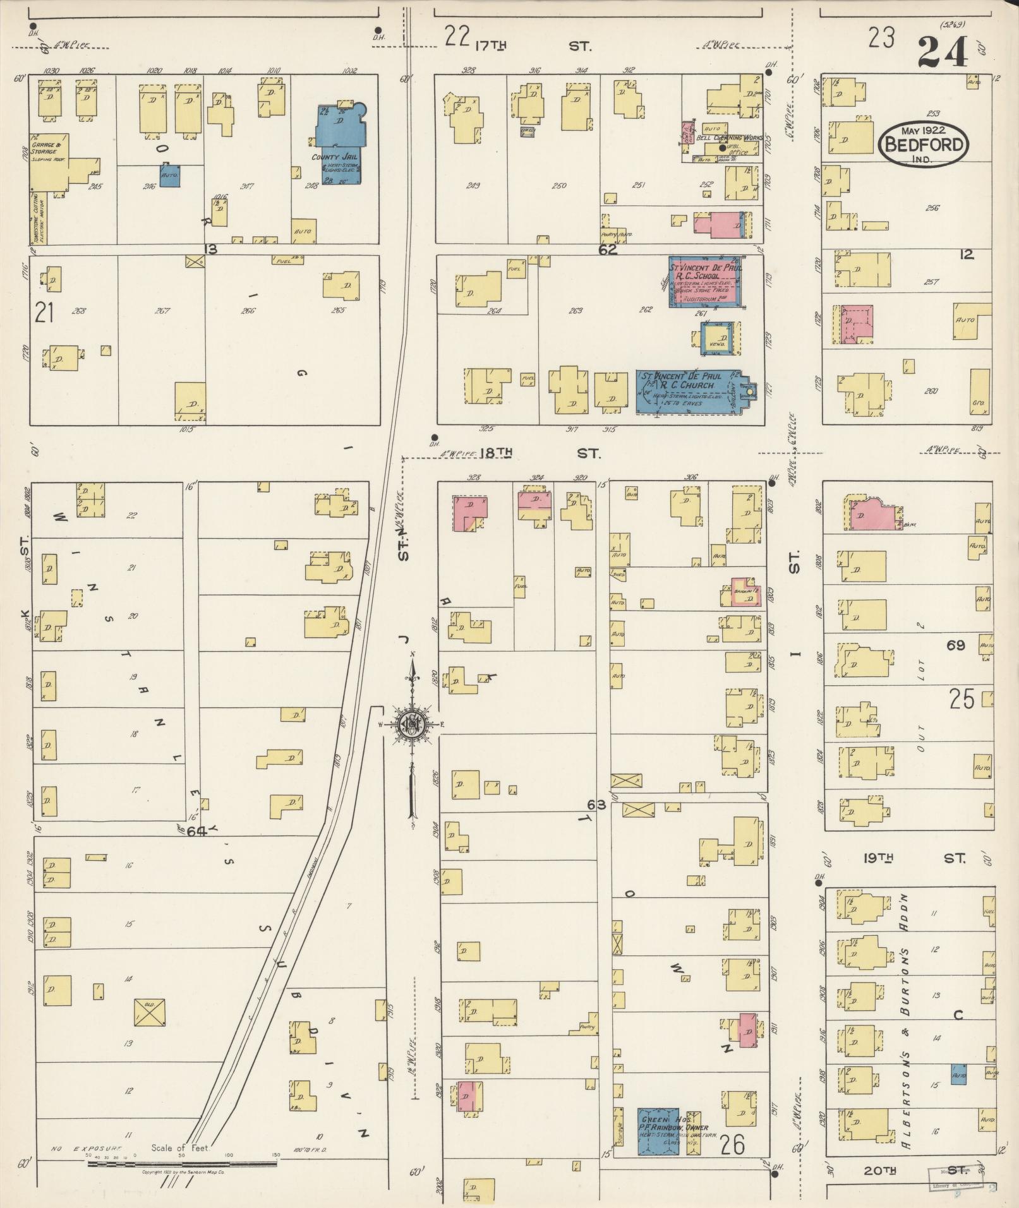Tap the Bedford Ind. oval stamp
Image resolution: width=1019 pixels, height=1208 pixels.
[923, 144]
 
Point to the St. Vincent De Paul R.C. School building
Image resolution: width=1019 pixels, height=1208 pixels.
[705, 282]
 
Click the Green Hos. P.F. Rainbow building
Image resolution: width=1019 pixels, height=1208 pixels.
[658, 1131]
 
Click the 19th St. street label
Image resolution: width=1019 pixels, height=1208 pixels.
[910, 858]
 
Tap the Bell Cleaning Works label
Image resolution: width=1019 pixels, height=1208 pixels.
[728, 137]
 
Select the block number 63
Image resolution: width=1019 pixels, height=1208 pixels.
[596, 805]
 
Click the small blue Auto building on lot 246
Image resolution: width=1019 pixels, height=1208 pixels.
[170, 176]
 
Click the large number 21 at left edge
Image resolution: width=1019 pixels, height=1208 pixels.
[44, 313]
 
